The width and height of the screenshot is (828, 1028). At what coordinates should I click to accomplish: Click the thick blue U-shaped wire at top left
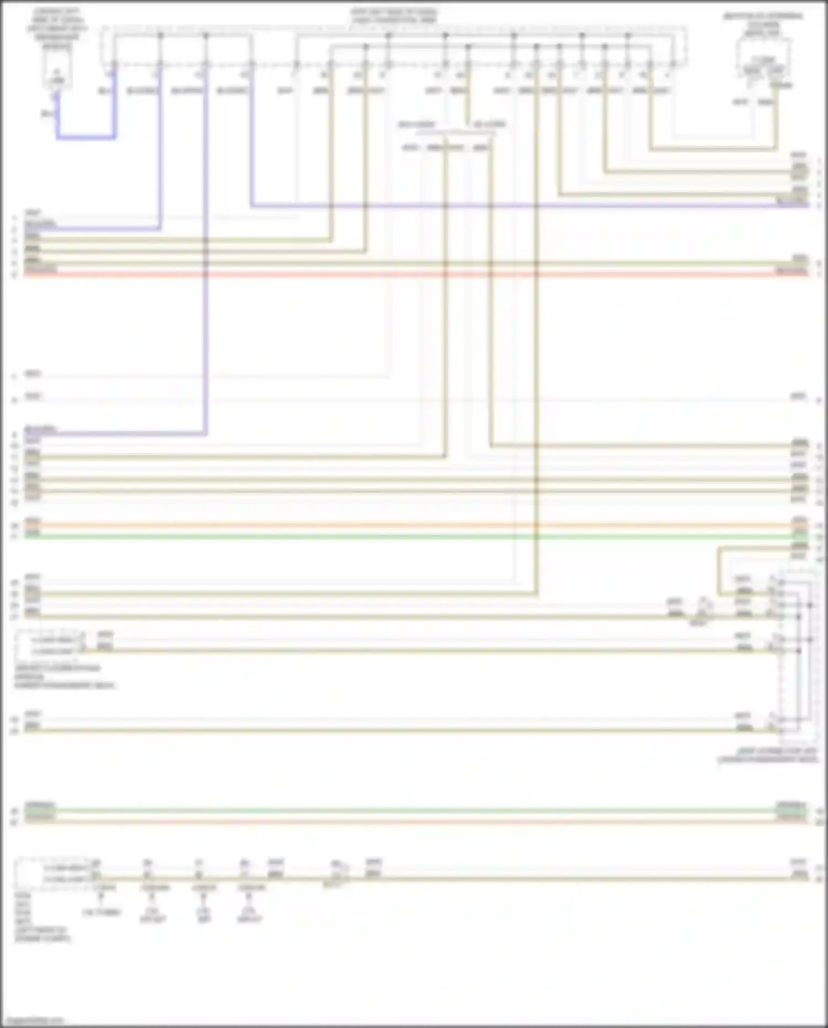pyautogui.click(x=86, y=137)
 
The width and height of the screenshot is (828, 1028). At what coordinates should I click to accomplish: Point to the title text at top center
pyautogui.click(x=394, y=15)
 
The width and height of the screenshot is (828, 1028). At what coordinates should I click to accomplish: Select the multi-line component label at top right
pyautogui.click(x=763, y=24)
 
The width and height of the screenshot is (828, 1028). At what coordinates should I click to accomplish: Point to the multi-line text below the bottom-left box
pyautogui.click(x=41, y=916)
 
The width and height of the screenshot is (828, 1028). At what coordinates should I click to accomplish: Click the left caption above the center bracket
pyautogui.click(x=417, y=125)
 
